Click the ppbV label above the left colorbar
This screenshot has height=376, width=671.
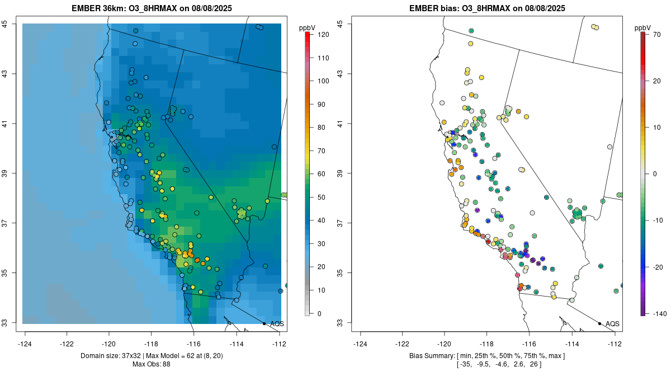point(308,27)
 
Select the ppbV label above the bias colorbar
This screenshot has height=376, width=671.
point(643,27)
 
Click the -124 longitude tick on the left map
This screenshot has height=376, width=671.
point(25,344)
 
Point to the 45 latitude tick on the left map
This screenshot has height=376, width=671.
point(9,23)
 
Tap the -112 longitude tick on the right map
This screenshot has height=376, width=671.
point(615,344)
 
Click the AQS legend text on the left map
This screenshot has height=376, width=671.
point(277,324)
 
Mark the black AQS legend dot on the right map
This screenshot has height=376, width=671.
point(599,323)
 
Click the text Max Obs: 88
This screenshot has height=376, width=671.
point(152,364)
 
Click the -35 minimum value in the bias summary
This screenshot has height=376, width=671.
point(465,364)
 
